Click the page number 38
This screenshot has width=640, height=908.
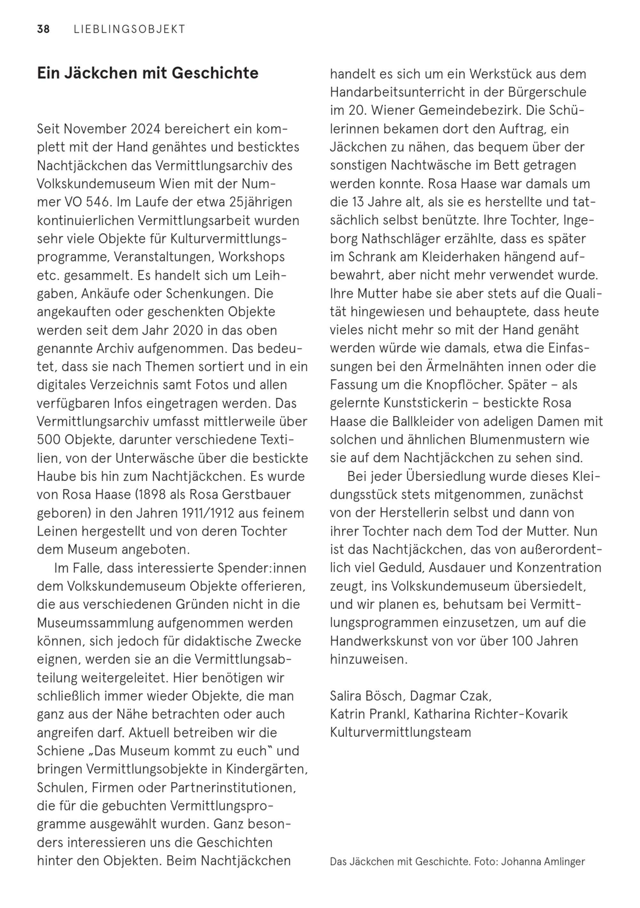click(x=44, y=29)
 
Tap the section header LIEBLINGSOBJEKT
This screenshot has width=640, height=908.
click(x=129, y=29)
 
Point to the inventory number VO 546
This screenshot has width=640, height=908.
click(x=86, y=202)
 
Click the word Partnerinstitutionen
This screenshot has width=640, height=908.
click(x=233, y=787)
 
